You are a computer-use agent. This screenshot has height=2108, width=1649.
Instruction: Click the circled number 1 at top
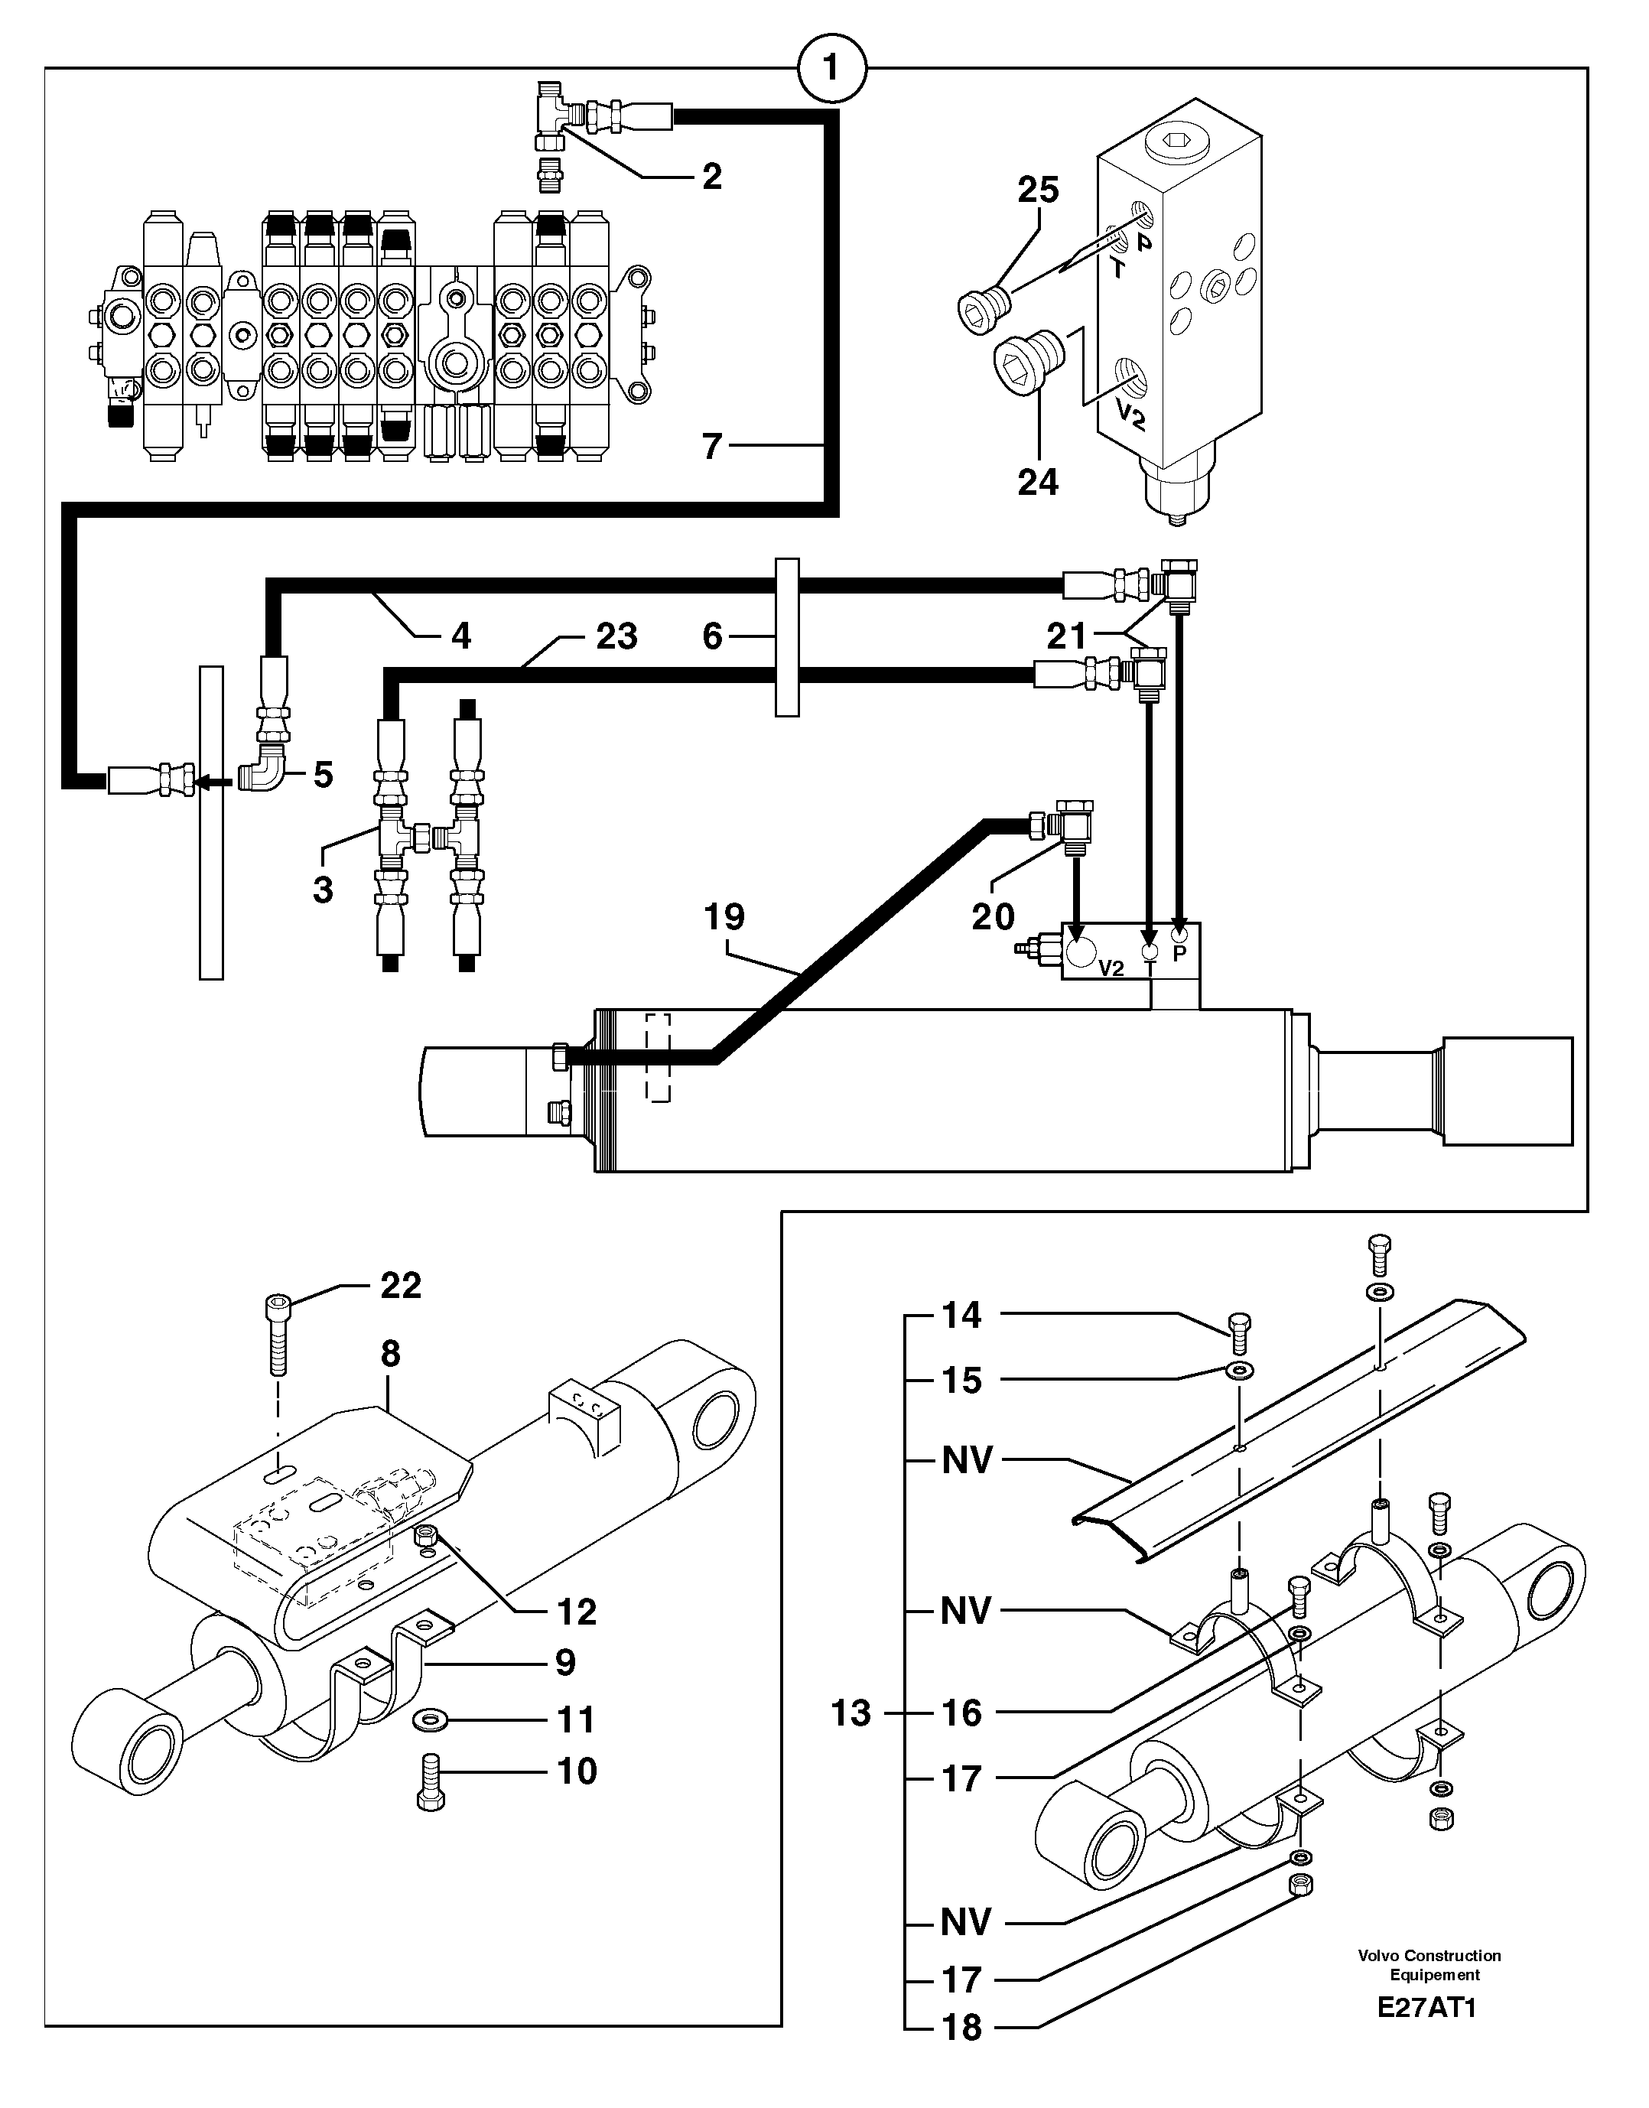pos(831,69)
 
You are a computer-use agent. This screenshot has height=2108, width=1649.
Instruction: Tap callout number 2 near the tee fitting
pos(711,176)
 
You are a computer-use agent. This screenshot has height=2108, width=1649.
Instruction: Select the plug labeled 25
pos(983,309)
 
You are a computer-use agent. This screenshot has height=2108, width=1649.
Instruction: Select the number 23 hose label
pos(616,636)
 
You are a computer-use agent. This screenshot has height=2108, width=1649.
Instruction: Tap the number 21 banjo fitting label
pos(1067,636)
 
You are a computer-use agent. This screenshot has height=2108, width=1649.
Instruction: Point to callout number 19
pos(724,916)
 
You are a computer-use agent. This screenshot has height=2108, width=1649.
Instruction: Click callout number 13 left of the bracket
pos(851,1713)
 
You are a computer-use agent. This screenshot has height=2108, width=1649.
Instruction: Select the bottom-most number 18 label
pos(961,2028)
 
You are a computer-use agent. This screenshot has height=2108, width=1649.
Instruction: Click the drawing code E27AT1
pos(1427,2009)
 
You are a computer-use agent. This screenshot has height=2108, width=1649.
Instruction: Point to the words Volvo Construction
pos(1429,1956)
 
